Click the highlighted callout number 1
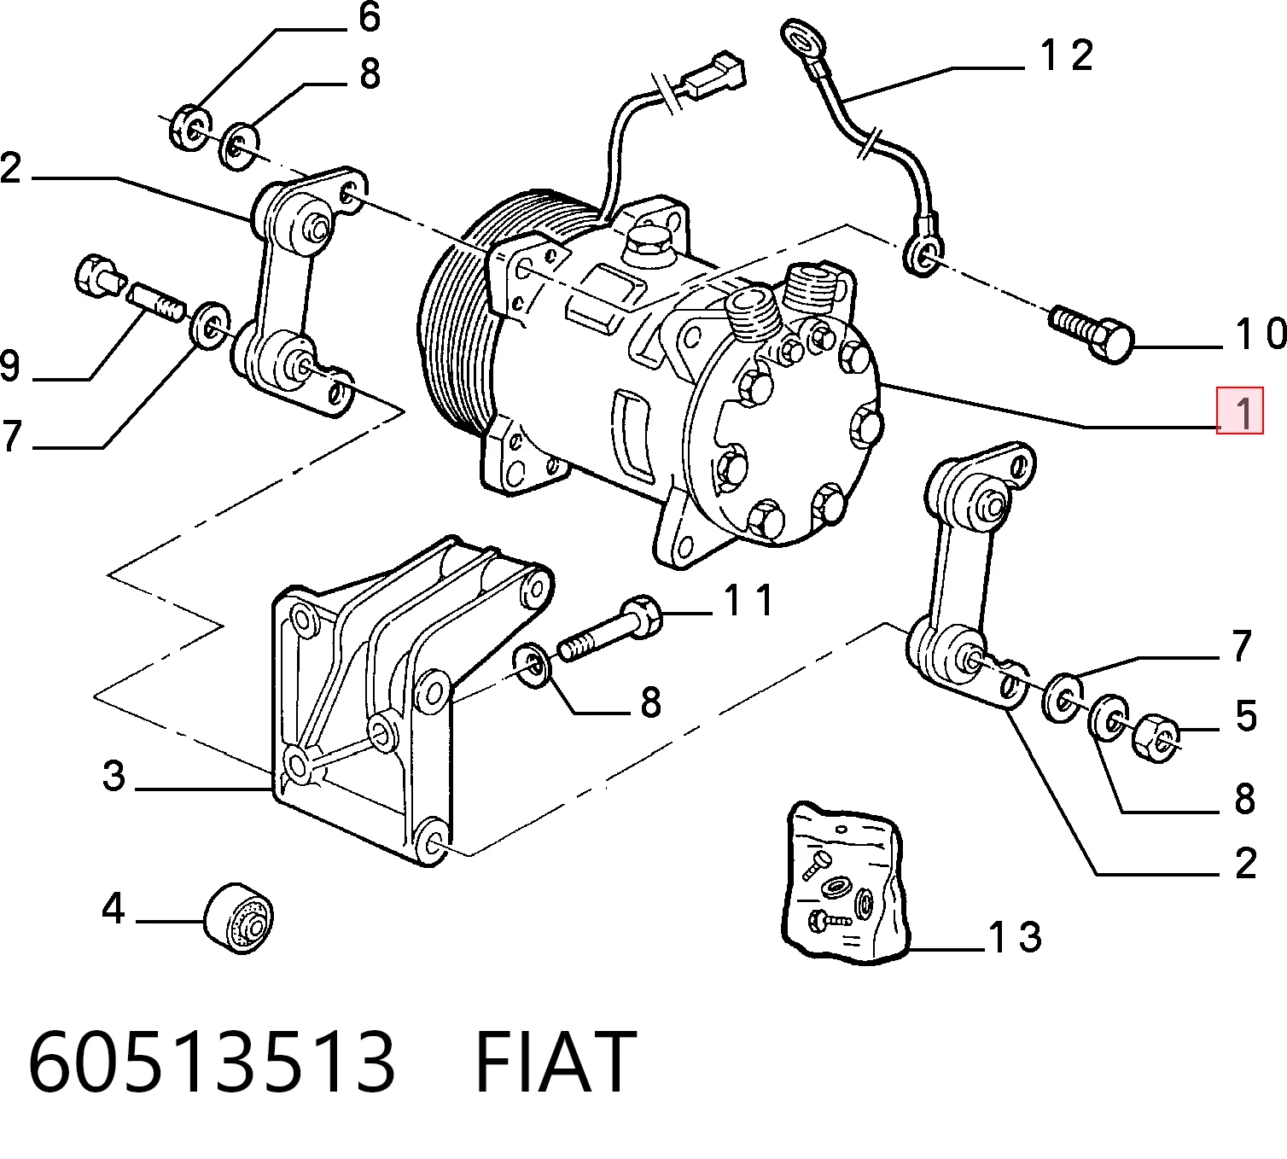click(1240, 411)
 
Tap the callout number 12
click(1066, 55)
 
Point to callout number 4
click(113, 909)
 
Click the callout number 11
click(748, 602)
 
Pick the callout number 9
click(10, 366)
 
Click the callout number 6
click(369, 17)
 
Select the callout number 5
click(1246, 715)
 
